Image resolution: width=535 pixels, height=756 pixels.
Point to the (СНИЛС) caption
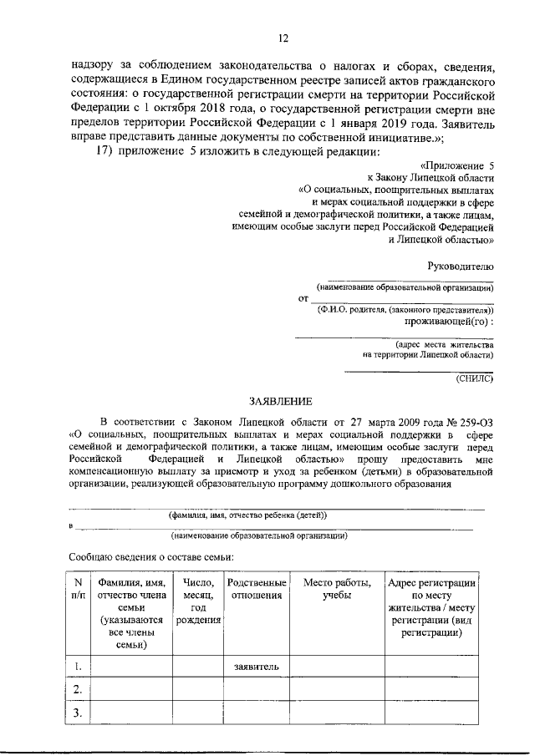coord(475,378)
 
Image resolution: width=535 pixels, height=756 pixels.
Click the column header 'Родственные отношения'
coord(257,588)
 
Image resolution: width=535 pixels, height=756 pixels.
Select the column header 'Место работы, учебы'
coord(334,588)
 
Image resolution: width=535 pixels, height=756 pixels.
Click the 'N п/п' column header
coord(77,588)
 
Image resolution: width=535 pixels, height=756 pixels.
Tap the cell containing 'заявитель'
coord(257,666)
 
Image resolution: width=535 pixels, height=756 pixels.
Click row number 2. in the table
coord(77,689)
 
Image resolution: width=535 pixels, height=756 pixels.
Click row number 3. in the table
coord(77,713)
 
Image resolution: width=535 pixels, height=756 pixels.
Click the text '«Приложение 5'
coord(457,166)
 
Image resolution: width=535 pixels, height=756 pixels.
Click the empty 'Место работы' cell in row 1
coord(334,666)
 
